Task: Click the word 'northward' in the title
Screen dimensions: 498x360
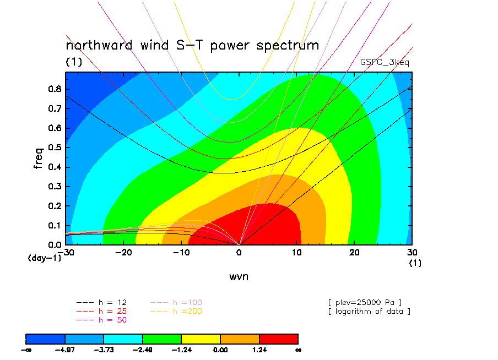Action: click(x=99, y=45)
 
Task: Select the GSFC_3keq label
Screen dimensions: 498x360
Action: click(x=385, y=62)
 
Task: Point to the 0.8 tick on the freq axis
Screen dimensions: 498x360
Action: click(x=55, y=89)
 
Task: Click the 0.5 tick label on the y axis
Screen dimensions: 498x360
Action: click(x=55, y=148)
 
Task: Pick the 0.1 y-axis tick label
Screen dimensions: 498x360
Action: click(x=55, y=226)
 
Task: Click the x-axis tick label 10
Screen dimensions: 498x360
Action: click(x=296, y=253)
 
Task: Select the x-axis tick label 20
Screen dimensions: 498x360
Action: click(x=354, y=253)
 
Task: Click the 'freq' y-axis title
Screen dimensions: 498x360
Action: click(x=38, y=158)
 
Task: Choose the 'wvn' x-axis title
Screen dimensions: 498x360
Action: click(x=239, y=277)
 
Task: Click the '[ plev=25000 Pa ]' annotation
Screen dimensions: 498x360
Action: click(x=365, y=303)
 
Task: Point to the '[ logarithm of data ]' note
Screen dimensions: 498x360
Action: click(x=370, y=312)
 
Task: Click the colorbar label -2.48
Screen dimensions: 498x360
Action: click(x=142, y=350)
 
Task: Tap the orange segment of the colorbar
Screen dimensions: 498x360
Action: click(x=240, y=339)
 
